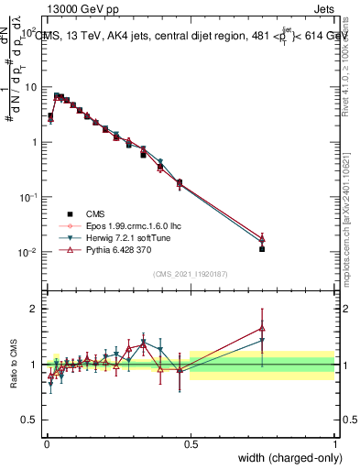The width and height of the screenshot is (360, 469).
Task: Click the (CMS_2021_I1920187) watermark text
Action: point(191,273)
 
